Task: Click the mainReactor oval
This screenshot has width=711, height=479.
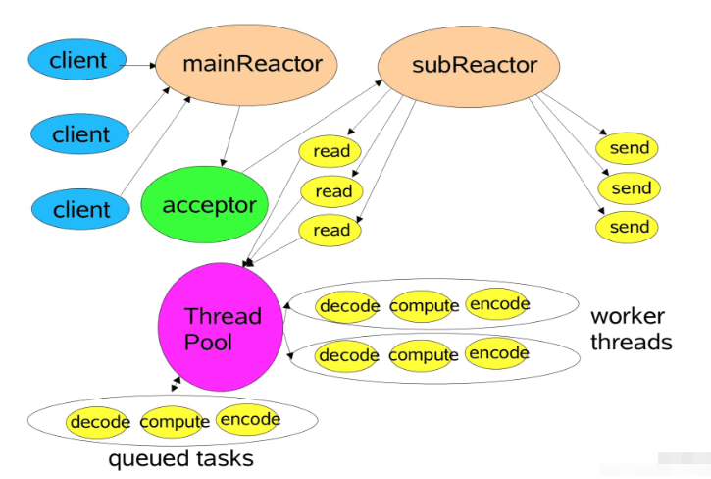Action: [x=252, y=66]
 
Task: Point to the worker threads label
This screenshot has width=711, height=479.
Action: [x=631, y=329]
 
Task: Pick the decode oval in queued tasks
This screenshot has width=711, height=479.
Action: [x=99, y=422]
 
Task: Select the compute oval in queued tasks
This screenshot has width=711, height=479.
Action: [x=175, y=422]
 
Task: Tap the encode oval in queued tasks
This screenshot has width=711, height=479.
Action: [x=250, y=420]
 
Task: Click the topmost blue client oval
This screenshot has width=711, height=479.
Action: [x=78, y=60]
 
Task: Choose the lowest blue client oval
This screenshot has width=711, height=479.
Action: [x=81, y=209]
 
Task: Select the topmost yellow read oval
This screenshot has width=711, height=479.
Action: [x=330, y=151]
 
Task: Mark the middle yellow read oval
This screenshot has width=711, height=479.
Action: [x=330, y=190]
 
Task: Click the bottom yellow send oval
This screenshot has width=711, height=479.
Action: [x=629, y=227]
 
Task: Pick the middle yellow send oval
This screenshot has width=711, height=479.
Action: [x=629, y=187]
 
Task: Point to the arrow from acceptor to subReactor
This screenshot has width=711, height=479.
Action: [x=314, y=128]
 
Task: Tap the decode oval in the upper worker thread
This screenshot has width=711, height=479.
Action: [x=348, y=305]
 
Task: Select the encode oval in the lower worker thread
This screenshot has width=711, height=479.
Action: [x=498, y=352]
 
